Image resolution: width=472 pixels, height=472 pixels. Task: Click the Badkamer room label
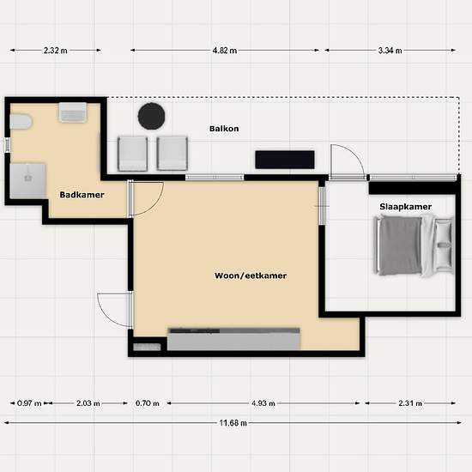(x=82, y=195)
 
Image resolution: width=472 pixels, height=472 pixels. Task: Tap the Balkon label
(x=224, y=129)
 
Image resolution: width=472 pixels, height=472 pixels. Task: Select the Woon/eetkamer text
(x=251, y=275)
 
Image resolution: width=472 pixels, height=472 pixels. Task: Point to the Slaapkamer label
(x=405, y=207)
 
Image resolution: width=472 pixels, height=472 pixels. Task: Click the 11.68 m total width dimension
(x=233, y=423)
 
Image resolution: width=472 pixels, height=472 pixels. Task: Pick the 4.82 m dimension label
(x=225, y=51)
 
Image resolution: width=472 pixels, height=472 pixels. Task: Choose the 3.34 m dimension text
(x=390, y=51)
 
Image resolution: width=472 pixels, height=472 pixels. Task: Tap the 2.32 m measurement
(x=56, y=51)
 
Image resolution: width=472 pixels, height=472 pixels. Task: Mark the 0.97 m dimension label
(x=29, y=403)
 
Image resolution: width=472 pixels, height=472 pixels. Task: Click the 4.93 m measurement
(x=263, y=403)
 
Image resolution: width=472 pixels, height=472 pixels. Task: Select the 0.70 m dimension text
(x=148, y=403)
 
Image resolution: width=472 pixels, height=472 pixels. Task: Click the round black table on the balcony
(x=151, y=116)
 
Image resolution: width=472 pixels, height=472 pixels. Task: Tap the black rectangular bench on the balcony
(x=285, y=160)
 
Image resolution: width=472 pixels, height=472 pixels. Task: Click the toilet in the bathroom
(x=21, y=122)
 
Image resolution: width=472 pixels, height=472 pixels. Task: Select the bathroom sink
(x=73, y=112)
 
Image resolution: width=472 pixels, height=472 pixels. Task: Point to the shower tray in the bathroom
(x=27, y=181)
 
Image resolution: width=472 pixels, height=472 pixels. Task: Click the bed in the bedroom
(x=414, y=245)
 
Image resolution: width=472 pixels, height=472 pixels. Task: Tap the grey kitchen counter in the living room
(x=233, y=339)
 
